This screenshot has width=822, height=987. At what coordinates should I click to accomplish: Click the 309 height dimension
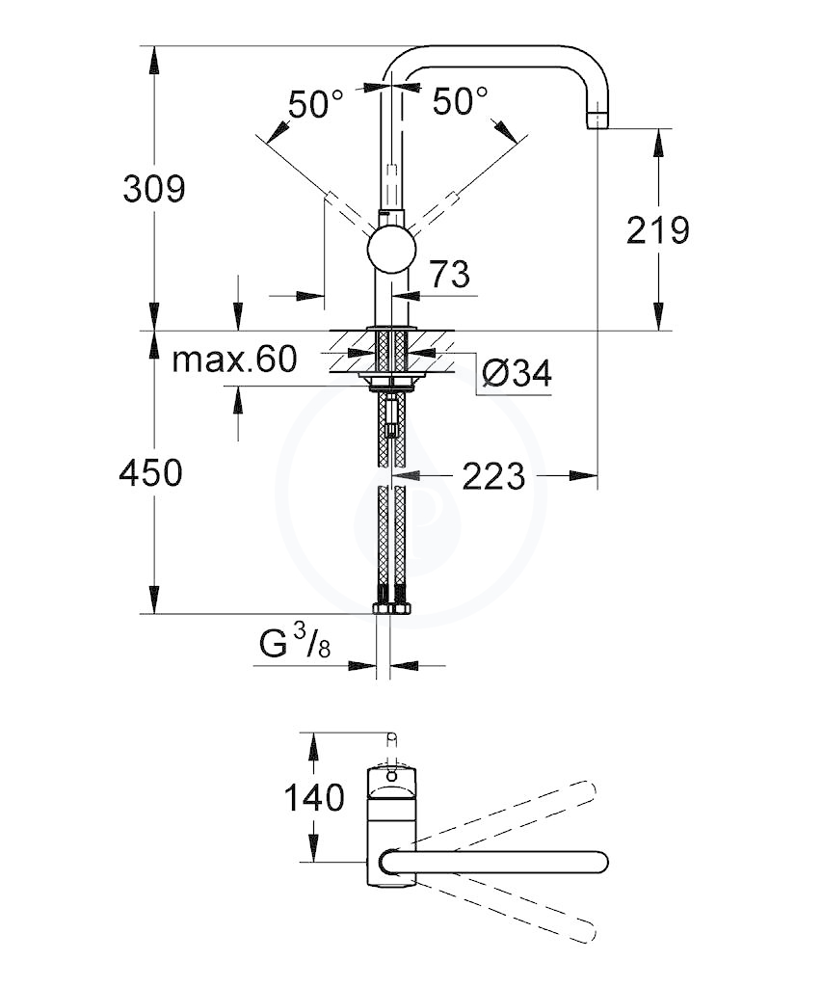tap(154, 189)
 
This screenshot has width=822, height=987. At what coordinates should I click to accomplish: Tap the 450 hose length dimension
tap(151, 472)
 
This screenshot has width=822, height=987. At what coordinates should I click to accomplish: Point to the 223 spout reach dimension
tap(493, 476)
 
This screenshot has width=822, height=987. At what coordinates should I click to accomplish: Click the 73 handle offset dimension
tap(449, 274)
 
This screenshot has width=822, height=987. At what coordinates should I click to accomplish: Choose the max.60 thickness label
tap(234, 360)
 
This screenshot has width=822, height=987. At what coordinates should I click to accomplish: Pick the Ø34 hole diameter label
tap(517, 373)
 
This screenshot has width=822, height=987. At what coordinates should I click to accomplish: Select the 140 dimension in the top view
tap(315, 798)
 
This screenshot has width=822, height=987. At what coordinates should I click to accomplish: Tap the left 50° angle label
tap(316, 103)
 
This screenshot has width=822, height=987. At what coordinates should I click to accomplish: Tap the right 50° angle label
tap(460, 100)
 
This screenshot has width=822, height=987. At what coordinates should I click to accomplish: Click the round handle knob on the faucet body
tap(391, 252)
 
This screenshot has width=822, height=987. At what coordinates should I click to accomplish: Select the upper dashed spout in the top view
tap(497, 814)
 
